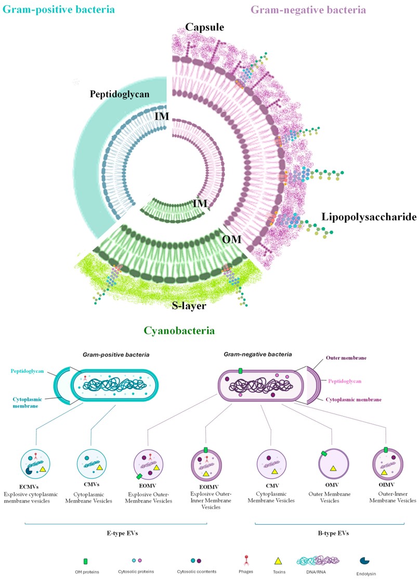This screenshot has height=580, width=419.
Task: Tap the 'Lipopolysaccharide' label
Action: pyautogui.click(x=369, y=217)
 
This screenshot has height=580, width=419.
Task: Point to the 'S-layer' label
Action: pyautogui.click(x=189, y=306)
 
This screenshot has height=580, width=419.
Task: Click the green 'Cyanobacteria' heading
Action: pyautogui.click(x=180, y=331)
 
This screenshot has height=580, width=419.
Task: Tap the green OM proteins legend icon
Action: pyautogui.click(x=85, y=561)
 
